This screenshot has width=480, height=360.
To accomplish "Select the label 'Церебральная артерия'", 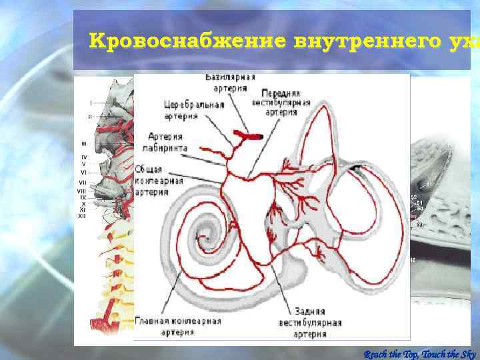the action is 193,109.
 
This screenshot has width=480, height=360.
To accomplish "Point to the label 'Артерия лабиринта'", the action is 167,141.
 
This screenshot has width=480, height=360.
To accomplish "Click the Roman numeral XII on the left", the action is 82,216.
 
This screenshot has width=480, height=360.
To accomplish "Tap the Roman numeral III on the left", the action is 83,143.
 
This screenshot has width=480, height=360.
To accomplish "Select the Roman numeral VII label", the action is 83,182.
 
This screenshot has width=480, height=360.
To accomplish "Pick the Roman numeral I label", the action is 91,103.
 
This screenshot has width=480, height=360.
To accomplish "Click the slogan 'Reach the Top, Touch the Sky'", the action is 420,353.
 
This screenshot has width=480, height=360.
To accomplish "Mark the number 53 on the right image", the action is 419,225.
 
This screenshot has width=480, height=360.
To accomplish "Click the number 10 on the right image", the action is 413,259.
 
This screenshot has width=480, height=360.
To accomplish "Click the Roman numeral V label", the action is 83,163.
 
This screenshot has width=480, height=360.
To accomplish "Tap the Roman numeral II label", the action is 89,116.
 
